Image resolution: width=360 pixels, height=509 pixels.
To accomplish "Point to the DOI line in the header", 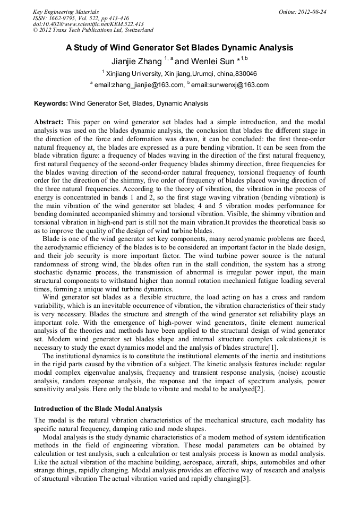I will coord(88,24).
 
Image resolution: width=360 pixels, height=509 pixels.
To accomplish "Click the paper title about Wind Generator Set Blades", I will coord(179,48).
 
